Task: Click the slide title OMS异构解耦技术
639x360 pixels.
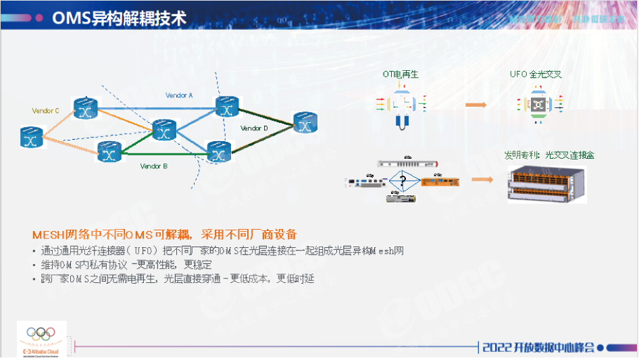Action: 119,18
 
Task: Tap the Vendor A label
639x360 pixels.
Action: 179,96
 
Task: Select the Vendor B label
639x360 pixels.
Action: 153,165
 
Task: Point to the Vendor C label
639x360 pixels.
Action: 46,110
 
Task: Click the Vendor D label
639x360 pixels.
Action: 254,128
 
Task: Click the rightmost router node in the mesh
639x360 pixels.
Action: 305,123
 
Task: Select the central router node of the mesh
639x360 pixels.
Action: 164,130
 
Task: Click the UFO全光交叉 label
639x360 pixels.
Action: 536,74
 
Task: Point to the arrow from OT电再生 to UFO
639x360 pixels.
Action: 476,105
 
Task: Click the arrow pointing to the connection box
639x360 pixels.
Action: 480,179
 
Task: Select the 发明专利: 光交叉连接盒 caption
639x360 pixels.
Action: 548,155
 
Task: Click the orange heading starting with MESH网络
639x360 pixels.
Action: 164,234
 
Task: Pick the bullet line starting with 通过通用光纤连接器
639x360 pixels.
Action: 222,251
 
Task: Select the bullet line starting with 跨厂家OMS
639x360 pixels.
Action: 177,278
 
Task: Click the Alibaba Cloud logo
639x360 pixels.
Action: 41,339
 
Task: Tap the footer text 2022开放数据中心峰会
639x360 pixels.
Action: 538,347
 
